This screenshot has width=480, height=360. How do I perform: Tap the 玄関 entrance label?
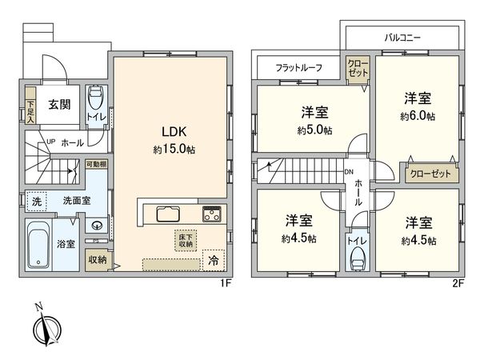click(57, 104)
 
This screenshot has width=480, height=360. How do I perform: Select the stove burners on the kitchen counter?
click(212, 214)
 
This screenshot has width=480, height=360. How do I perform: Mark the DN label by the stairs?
click(349, 171)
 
